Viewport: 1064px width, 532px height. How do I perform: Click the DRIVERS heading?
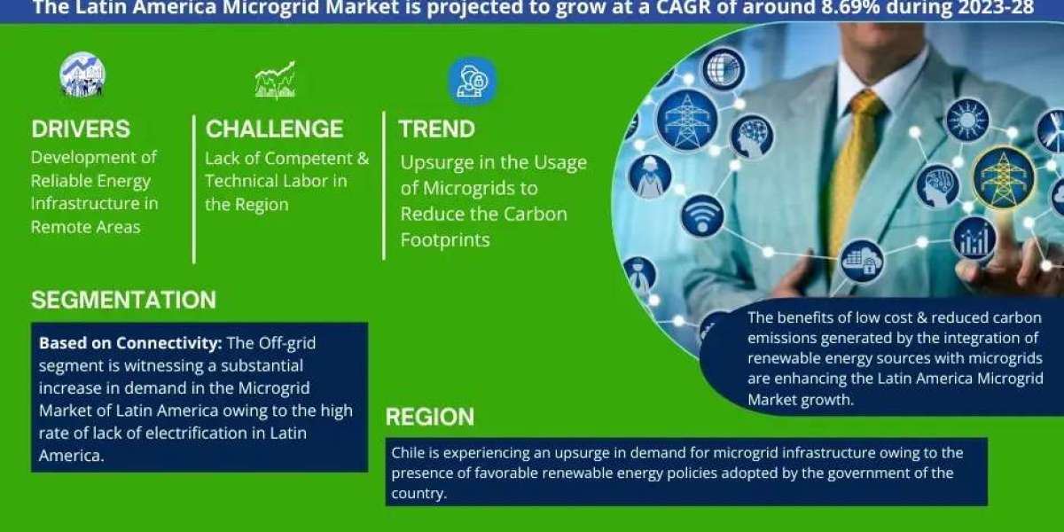pyautogui.click(x=81, y=129)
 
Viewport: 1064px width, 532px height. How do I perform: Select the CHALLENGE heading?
pyautogui.click(x=274, y=129)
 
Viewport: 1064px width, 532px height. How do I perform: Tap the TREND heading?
pyautogui.click(x=436, y=129)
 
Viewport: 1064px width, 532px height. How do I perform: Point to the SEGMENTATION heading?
pyautogui.click(x=123, y=300)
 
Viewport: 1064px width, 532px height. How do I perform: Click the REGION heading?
pyautogui.click(x=430, y=417)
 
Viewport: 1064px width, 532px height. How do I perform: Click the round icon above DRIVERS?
pyautogui.click(x=82, y=74)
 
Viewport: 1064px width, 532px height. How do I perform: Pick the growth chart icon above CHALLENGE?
pyautogui.click(x=276, y=80)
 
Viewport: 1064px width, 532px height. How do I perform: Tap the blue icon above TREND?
pyautogui.click(x=472, y=82)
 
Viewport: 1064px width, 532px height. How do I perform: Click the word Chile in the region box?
pyautogui.click(x=408, y=453)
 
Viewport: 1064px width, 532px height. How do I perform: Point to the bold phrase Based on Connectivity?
pyautogui.click(x=130, y=343)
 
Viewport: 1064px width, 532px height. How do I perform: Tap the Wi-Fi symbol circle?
pyautogui.click(x=702, y=216)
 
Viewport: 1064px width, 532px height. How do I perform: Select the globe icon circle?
pyautogui.click(x=724, y=69)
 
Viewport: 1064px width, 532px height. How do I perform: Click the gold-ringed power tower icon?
pyautogui.click(x=1003, y=177)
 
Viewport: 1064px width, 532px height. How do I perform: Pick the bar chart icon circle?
pyautogui.click(x=974, y=239)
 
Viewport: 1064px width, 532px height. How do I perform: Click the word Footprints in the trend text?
pyautogui.click(x=445, y=240)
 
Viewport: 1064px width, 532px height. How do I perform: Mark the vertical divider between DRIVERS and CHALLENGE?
pyautogui.click(x=194, y=189)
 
